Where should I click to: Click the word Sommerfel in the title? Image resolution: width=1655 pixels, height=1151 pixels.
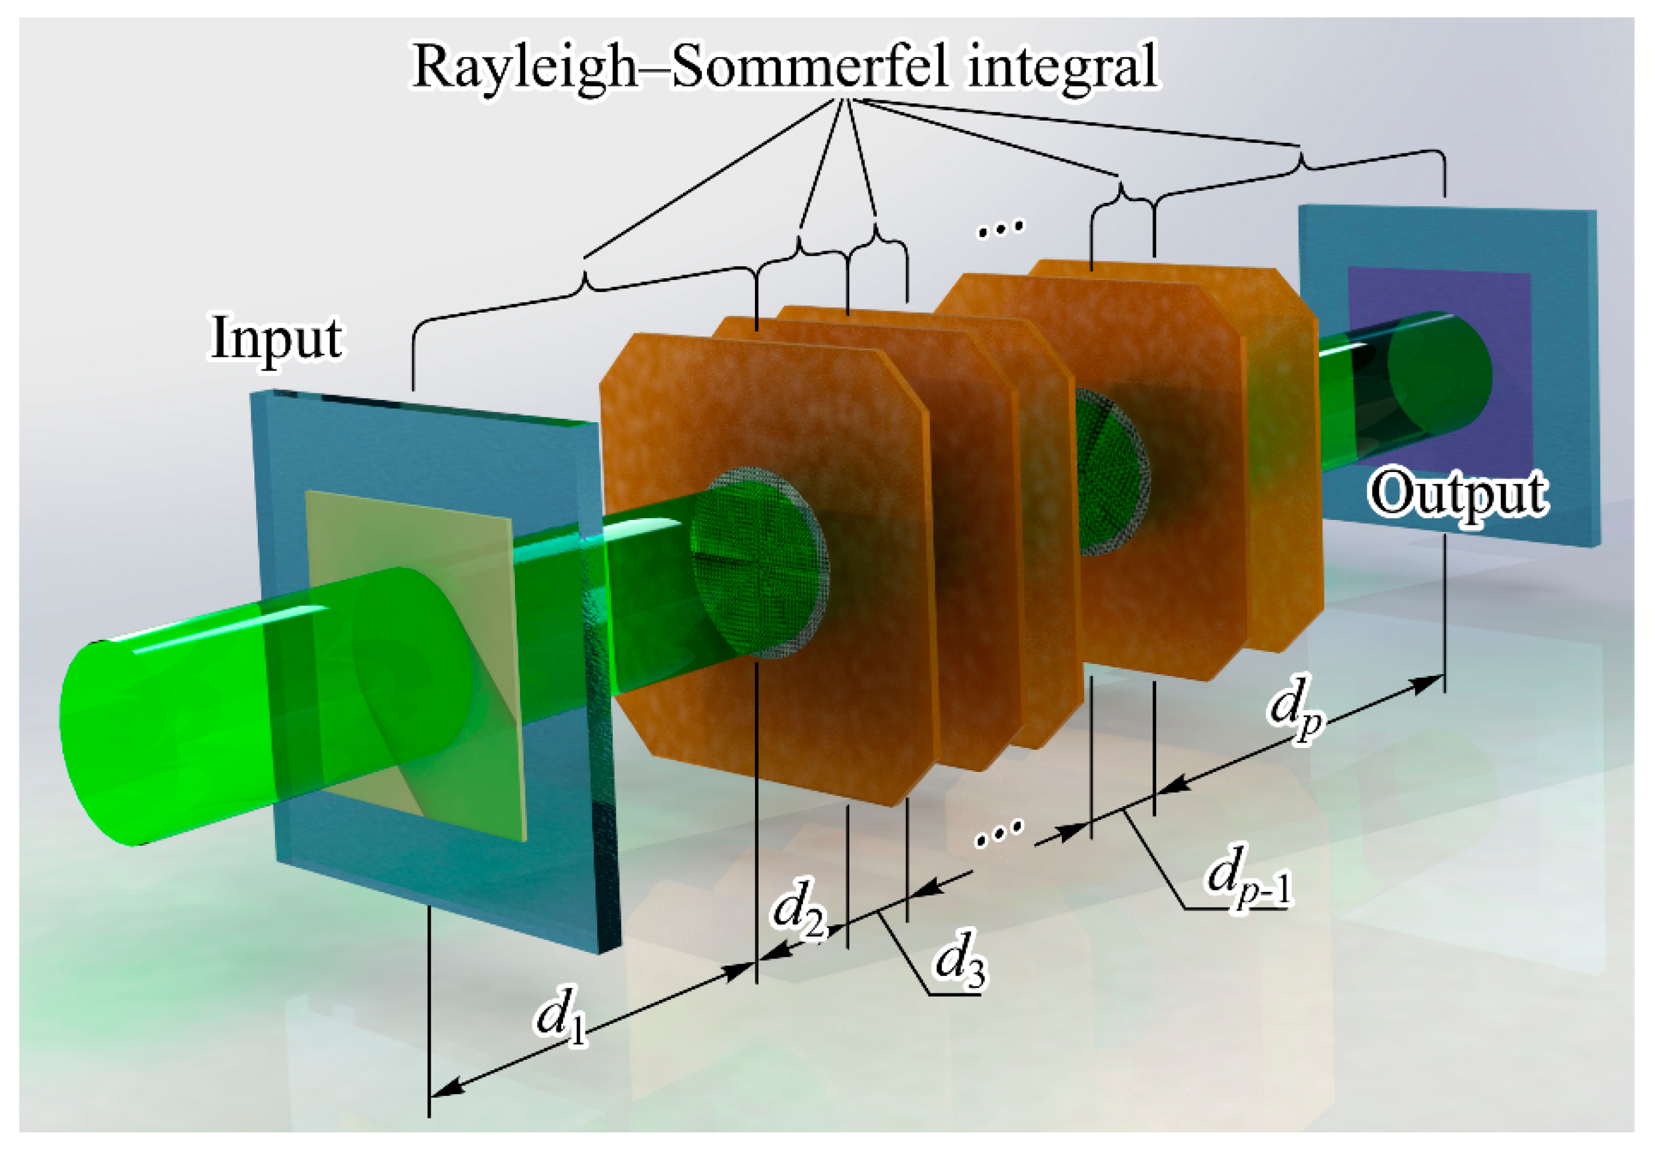click(809, 67)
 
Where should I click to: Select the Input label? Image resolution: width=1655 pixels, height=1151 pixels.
click(276, 339)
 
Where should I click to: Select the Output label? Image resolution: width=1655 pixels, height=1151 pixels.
click(1457, 494)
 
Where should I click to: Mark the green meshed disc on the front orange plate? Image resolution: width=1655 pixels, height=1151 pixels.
click(757, 563)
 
